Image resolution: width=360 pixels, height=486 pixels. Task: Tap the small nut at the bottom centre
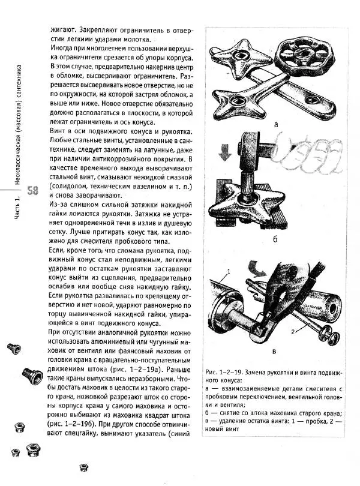pos(84,467)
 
